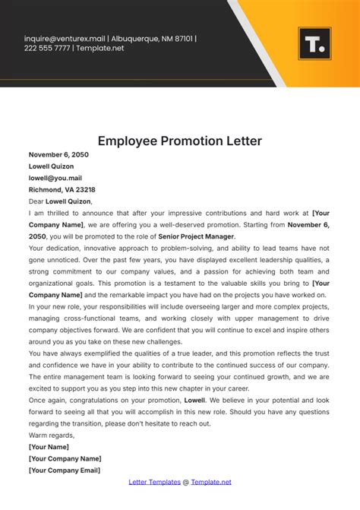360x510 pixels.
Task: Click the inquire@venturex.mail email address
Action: pyautogui.click(x=65, y=38)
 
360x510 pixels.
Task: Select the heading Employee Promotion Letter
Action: pyautogui.click(x=180, y=141)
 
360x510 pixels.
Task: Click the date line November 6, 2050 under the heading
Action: pyautogui.click(x=58, y=154)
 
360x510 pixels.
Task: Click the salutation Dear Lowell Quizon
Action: pyautogui.click(x=60, y=201)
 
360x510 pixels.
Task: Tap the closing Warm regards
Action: pyautogui.click(x=52, y=435)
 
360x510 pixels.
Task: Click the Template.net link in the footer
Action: pyautogui.click(x=211, y=482)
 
